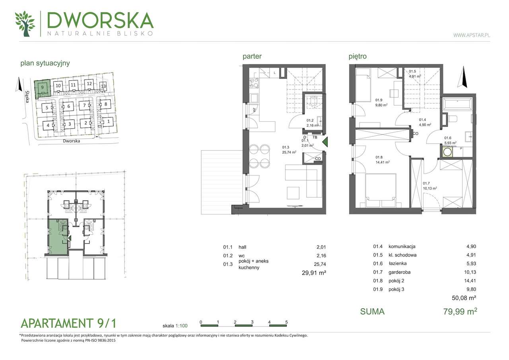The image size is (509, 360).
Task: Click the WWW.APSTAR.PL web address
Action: click(x=471, y=35)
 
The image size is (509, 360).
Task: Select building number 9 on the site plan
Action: click(x=42, y=88)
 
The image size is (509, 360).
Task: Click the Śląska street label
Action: click(x=27, y=95)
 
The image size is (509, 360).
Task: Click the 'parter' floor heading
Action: click(x=252, y=56)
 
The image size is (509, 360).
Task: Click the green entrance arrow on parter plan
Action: click(x=324, y=142)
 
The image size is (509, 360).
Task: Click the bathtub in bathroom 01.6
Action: click(x=458, y=105)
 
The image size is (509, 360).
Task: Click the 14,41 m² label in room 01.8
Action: click(x=382, y=162)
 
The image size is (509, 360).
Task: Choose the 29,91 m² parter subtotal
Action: click(x=314, y=273)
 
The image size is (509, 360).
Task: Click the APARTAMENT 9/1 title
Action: click(x=68, y=322)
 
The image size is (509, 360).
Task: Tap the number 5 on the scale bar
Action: click(x=286, y=322)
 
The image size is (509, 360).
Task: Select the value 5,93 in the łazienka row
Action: click(x=471, y=264)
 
